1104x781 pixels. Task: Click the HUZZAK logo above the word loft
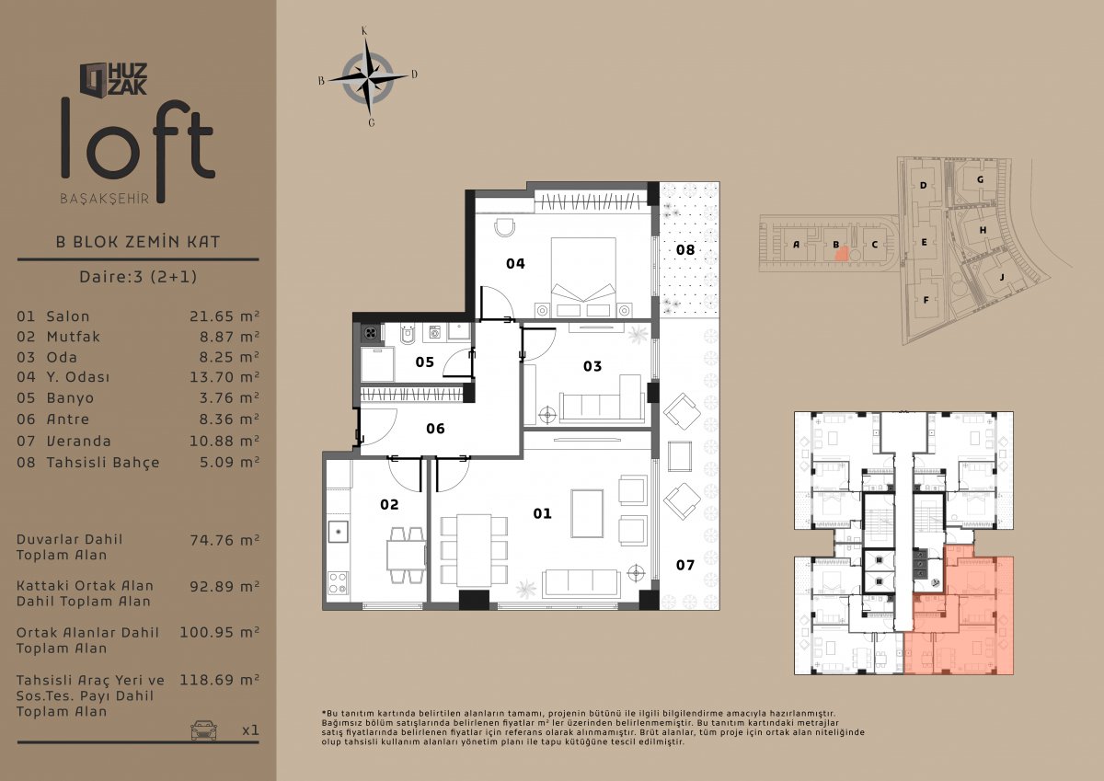click(x=113, y=79)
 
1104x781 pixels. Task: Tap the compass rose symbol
click(x=368, y=77)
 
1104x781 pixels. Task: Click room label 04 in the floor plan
click(x=515, y=264)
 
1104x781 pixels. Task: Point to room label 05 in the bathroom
click(x=424, y=362)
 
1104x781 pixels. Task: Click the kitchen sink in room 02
click(x=339, y=532)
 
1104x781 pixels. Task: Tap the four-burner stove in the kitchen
click(x=339, y=582)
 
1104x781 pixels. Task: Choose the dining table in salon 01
click(x=474, y=550)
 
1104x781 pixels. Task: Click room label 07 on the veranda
click(x=685, y=565)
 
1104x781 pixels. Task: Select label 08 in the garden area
click(x=685, y=250)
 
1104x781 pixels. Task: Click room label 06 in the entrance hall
click(x=435, y=429)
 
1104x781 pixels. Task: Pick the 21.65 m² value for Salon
click(x=224, y=316)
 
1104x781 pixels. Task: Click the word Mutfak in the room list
click(x=74, y=337)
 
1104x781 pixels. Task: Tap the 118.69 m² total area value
click(x=219, y=680)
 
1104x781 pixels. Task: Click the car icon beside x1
click(x=203, y=730)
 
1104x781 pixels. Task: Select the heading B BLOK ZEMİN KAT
click(x=138, y=242)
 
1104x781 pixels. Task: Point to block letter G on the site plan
click(x=981, y=180)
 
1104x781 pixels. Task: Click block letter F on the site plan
click(x=926, y=300)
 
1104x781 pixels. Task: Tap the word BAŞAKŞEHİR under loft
click(x=105, y=199)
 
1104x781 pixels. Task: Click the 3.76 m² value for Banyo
click(x=229, y=397)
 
